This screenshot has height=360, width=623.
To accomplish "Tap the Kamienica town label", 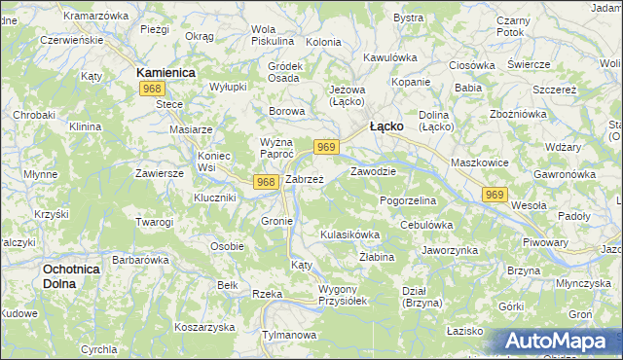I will tap(165, 73).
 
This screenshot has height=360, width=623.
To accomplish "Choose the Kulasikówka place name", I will tap(349, 234).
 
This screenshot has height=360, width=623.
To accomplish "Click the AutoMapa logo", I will tap(556, 342).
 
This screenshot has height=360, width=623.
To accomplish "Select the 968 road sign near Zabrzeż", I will tap(268, 182).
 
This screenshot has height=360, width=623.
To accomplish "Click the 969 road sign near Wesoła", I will tap(495, 196).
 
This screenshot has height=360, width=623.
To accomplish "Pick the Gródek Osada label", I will tap(283, 72).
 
